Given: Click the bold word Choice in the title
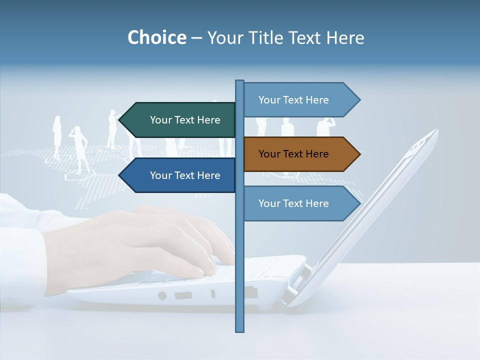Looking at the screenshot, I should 156,37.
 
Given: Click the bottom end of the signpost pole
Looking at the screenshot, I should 239,329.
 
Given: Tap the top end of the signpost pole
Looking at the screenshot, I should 239,82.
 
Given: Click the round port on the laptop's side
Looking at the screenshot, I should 162,295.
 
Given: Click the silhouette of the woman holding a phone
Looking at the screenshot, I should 79,147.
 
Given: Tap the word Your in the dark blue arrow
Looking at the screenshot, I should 160,175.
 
